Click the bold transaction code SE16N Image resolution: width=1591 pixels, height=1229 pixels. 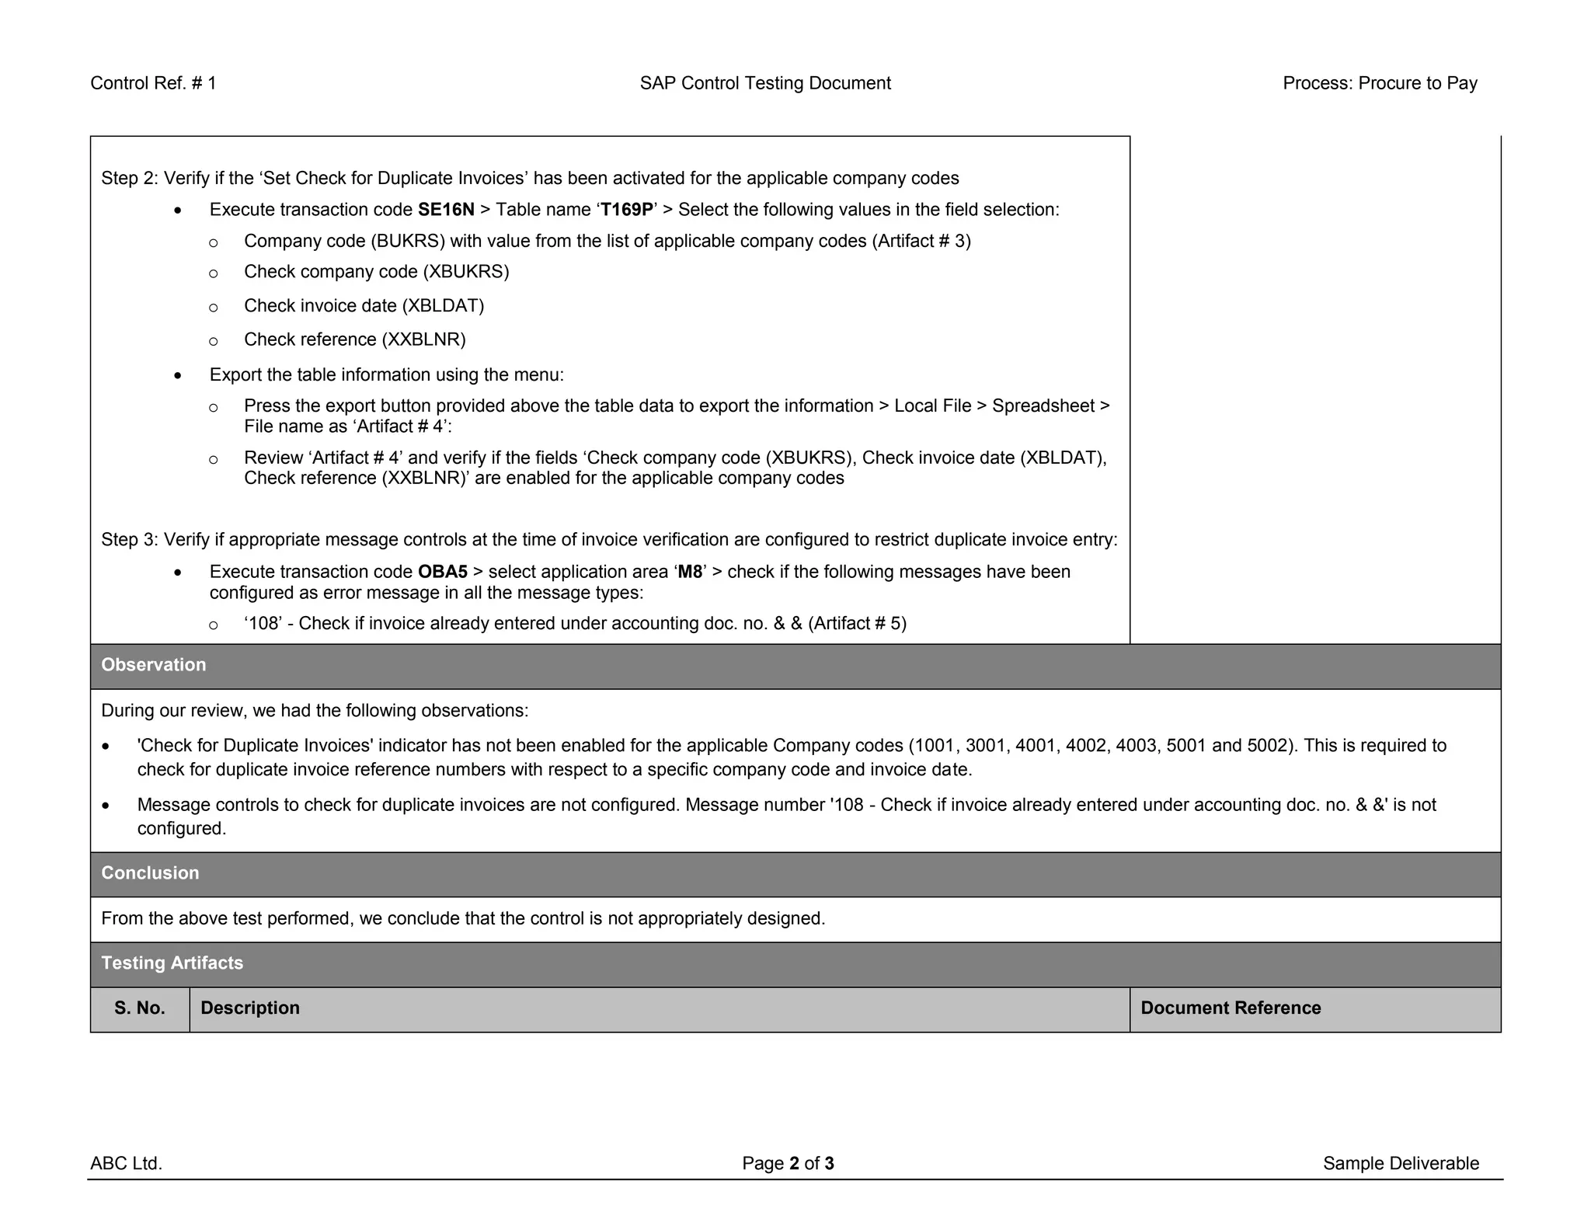click(446, 210)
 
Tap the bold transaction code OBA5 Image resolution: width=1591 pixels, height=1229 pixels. click(443, 572)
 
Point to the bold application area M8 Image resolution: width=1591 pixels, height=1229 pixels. click(690, 572)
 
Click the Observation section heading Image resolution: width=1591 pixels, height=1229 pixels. click(154, 665)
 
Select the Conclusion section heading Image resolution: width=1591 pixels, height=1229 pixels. click(150, 873)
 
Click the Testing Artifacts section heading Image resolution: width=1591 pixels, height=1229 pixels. click(172, 963)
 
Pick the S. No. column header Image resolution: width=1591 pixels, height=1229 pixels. click(140, 1008)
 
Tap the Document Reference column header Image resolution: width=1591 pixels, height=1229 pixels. click(1231, 1008)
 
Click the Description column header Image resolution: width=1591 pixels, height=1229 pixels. click(250, 1008)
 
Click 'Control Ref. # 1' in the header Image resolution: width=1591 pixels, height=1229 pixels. click(153, 83)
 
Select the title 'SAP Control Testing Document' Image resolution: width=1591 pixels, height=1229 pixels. click(765, 83)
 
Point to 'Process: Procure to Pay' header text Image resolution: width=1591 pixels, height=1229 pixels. click(1380, 83)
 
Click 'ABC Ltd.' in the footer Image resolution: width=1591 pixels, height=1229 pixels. click(126, 1164)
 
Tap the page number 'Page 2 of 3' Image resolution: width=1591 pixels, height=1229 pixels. click(788, 1164)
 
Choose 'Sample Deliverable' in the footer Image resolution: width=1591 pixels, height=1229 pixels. click(1401, 1164)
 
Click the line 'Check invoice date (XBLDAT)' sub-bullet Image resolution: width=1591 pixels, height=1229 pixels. click(364, 306)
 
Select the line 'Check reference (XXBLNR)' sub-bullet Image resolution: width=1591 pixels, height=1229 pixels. click(355, 340)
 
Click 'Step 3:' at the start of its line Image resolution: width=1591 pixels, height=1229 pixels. click(130, 540)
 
